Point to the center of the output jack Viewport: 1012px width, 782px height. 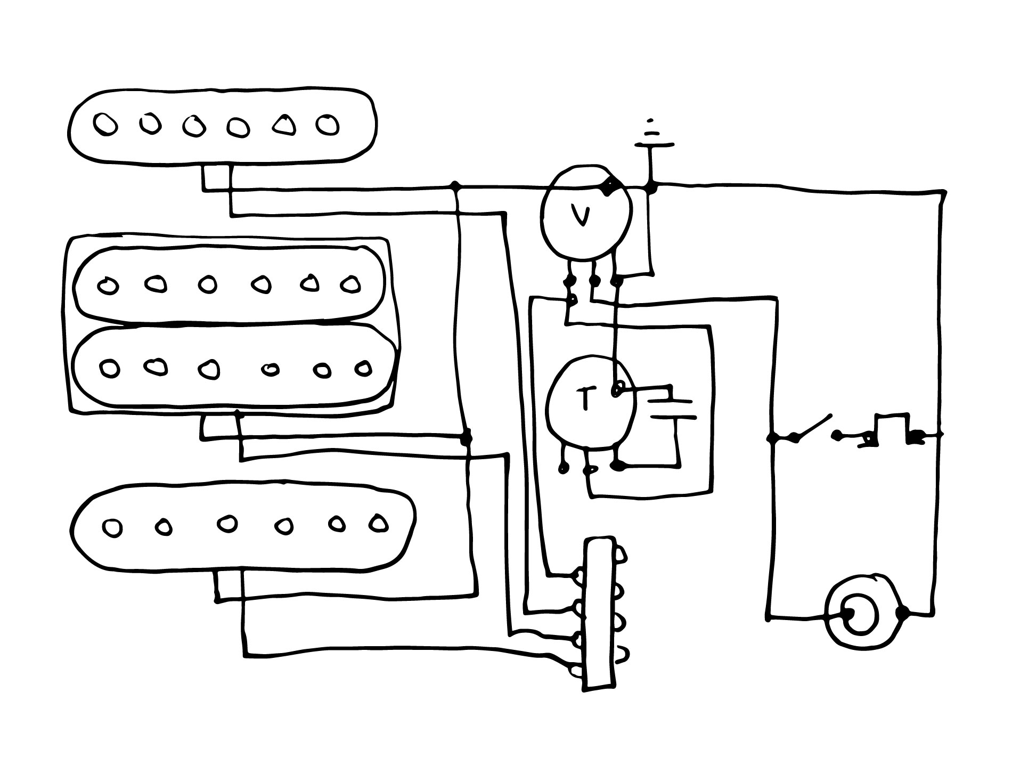coord(859,616)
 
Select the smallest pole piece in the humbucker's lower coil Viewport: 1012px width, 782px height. coord(271,369)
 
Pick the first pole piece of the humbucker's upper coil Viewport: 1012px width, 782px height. coord(109,286)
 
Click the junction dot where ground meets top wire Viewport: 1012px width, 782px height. coord(651,187)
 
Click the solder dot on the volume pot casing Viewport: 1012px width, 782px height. coord(608,186)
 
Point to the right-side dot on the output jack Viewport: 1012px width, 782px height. coord(902,613)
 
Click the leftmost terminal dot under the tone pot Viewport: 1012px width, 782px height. coord(562,469)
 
